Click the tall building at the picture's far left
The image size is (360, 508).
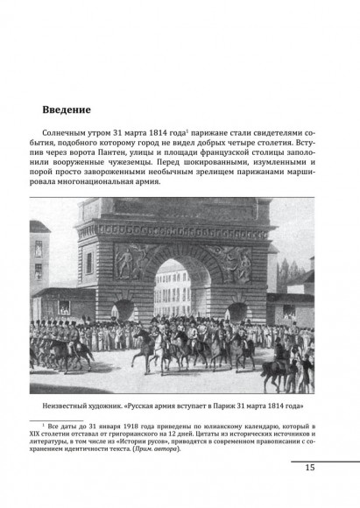39,272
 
